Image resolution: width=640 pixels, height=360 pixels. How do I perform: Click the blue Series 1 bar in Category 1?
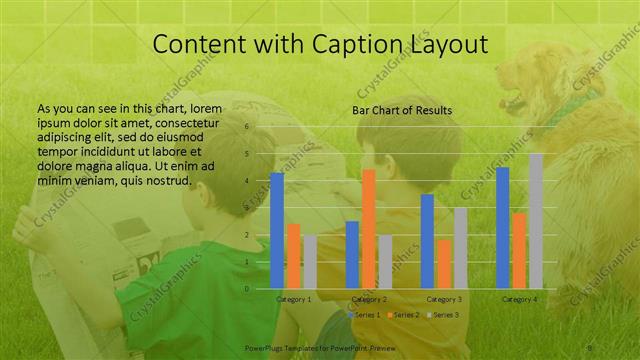pos(277,230)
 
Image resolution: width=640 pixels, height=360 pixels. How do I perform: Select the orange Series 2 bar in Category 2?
pos(369,228)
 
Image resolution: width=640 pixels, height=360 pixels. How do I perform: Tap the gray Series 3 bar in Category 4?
pos(536,220)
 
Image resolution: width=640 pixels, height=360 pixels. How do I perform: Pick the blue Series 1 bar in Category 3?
pos(427,241)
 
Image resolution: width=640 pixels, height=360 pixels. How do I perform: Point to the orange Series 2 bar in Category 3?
pos(443,263)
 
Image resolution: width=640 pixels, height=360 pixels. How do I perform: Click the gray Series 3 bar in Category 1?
pos(310,262)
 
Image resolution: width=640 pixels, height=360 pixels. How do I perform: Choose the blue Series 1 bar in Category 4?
pos(503,227)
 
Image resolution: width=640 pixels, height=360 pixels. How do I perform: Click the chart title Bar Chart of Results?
pos(402,110)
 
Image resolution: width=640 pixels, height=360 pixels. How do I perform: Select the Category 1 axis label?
pos(293,299)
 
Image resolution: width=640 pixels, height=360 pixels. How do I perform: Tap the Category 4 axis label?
pos(519,299)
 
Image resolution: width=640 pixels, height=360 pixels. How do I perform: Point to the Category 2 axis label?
pos(369,299)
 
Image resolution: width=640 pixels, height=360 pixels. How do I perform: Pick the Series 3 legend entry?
pos(445,315)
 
